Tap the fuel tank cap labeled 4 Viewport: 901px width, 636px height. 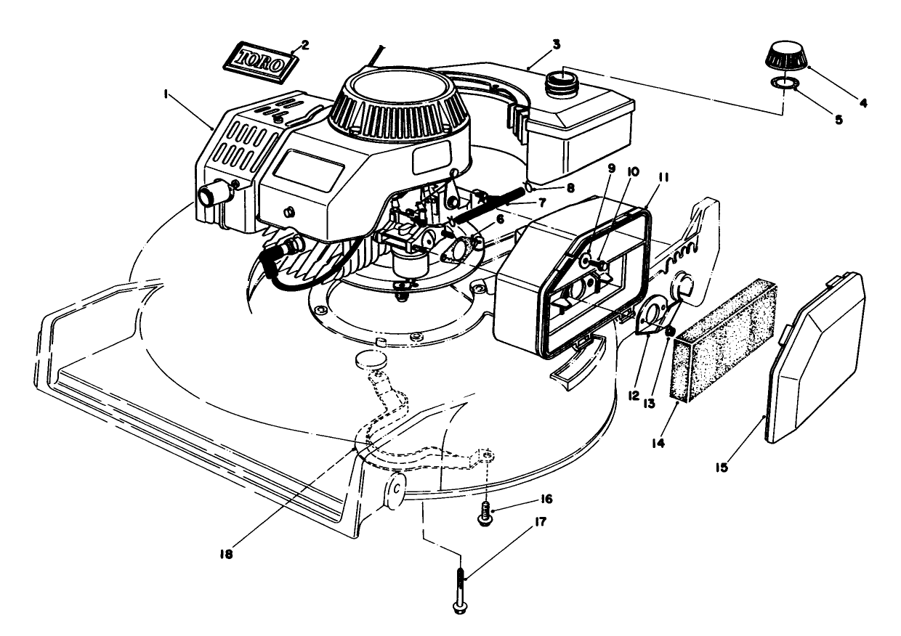pyautogui.click(x=786, y=57)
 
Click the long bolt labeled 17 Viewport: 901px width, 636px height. pyautogui.click(x=460, y=591)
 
